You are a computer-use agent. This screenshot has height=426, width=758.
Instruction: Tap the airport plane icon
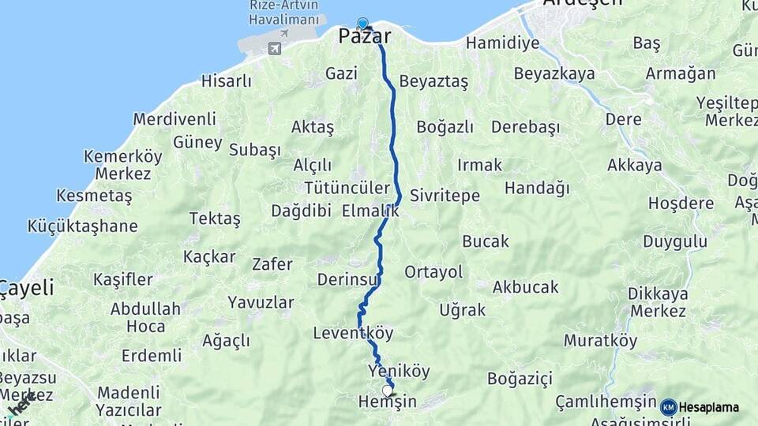275,49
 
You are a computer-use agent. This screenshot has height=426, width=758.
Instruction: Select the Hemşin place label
387,402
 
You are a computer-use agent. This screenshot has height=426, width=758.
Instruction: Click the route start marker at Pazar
362,24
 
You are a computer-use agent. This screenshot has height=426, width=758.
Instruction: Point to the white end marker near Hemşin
387,390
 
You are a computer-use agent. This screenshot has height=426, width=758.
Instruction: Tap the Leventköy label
353,333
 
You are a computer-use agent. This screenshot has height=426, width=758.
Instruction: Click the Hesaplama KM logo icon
668,407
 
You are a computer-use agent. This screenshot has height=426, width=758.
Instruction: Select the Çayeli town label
26,288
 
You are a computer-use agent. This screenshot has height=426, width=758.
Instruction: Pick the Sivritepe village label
445,196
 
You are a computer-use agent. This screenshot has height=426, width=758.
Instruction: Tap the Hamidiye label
502,43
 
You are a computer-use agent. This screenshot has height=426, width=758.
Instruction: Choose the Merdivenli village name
174,119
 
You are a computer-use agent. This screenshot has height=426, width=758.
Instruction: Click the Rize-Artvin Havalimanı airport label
285,12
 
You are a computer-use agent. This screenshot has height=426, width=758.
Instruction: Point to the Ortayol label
433,272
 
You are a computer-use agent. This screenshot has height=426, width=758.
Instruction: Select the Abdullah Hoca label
145,317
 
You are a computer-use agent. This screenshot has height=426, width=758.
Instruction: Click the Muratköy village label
600,341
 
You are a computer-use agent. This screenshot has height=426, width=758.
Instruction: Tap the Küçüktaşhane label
82,226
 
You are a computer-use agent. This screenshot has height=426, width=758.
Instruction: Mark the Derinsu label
349,279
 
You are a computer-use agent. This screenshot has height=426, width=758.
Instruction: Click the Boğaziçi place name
520,379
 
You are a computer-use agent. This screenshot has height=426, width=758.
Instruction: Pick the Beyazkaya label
553,74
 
